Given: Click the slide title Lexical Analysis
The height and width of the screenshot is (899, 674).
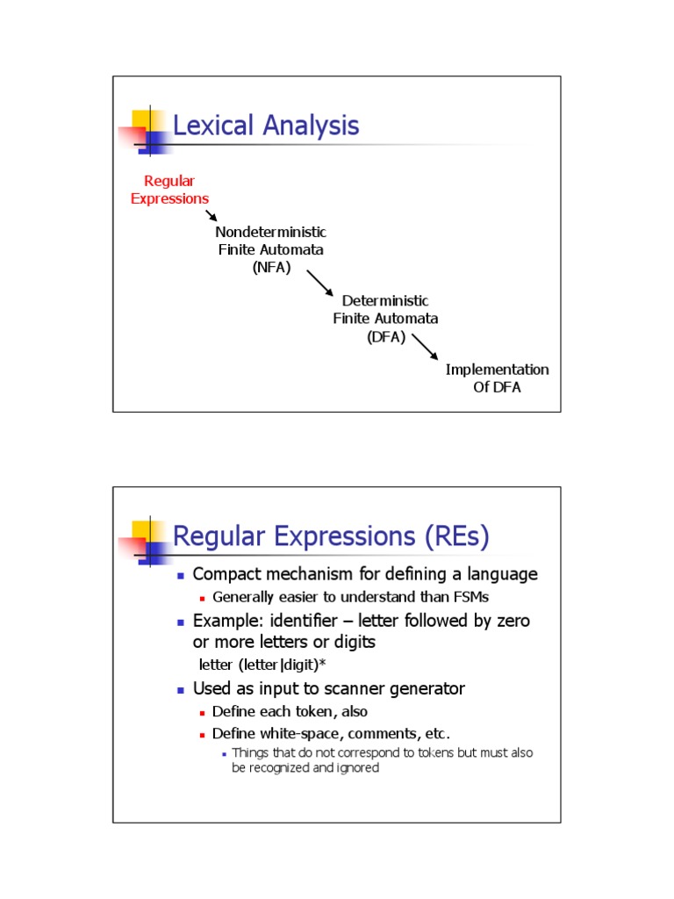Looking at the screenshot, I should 266,126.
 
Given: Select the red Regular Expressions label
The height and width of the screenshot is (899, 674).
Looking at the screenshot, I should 169,190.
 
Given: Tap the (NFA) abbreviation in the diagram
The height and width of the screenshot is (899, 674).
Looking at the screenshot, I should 270,267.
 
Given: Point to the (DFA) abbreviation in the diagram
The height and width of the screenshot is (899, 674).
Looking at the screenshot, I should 386,336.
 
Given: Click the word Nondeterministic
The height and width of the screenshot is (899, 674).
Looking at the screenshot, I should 270,232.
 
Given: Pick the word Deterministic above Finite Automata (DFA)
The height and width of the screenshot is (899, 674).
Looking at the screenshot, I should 385,301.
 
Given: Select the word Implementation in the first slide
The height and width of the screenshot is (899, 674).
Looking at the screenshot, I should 497,370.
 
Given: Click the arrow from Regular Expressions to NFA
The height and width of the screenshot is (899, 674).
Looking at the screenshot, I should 212,215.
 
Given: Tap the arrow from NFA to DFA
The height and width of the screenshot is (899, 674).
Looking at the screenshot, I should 319,284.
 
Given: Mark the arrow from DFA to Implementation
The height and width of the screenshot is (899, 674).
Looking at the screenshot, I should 424,345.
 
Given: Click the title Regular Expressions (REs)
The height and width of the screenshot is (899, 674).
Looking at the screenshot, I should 331,536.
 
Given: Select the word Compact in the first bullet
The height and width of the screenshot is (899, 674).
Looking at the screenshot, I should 226,574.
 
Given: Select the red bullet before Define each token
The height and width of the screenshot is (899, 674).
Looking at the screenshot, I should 202,713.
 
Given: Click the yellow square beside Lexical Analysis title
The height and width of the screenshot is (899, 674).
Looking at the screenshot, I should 141,119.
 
